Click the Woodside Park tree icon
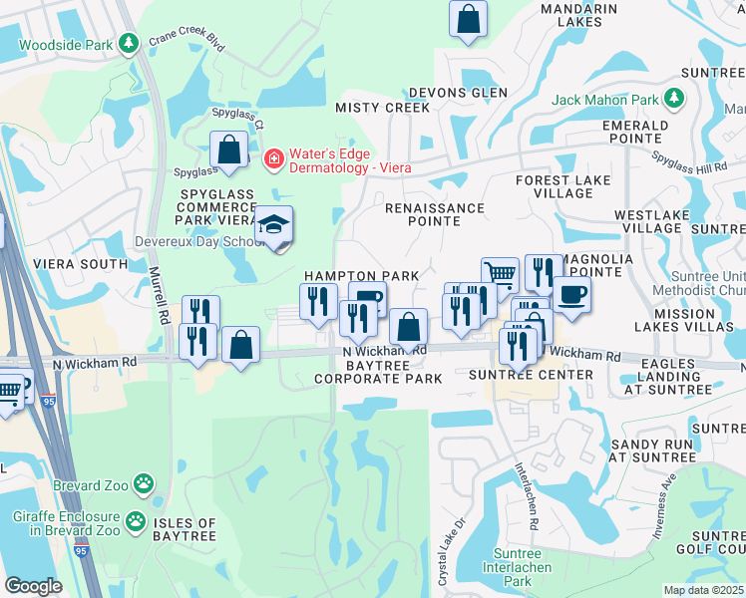pyautogui.click(x=128, y=44)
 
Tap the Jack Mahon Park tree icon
pyautogui.click(x=675, y=99)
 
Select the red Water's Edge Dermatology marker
pyautogui.click(x=271, y=158)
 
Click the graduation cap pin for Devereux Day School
pyautogui.click(x=272, y=226)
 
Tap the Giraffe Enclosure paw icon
pyautogui.click(x=136, y=520)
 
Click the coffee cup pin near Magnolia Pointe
pyautogui.click(x=571, y=294)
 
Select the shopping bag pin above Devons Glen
pyautogui.click(x=468, y=18)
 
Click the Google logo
pyautogui.click(x=33, y=586)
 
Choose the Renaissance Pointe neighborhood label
pyautogui.click(x=435, y=214)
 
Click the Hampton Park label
pyautogui.click(x=361, y=275)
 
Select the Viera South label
pyautogui.click(x=81, y=264)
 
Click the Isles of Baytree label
pyautogui.click(x=184, y=530)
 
